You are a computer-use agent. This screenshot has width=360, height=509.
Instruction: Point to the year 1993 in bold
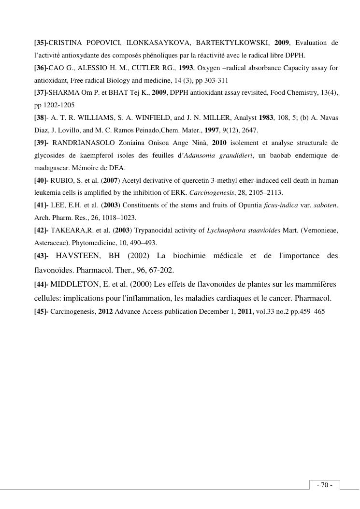(x=187, y=68)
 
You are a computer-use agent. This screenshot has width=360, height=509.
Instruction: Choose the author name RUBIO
(x=62, y=180)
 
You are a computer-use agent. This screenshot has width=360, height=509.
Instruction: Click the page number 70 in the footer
(x=325, y=485)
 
